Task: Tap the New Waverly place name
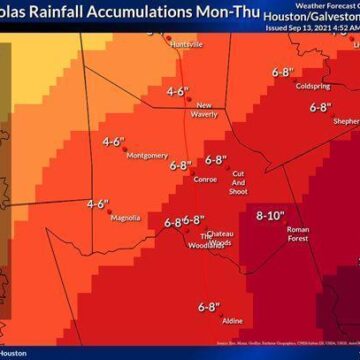coord(204,109)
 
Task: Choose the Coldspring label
coord(312,86)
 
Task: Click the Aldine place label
coord(232,320)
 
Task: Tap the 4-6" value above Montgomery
coord(112,141)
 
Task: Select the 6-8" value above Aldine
coord(208,306)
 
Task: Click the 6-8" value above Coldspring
coord(282,72)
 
